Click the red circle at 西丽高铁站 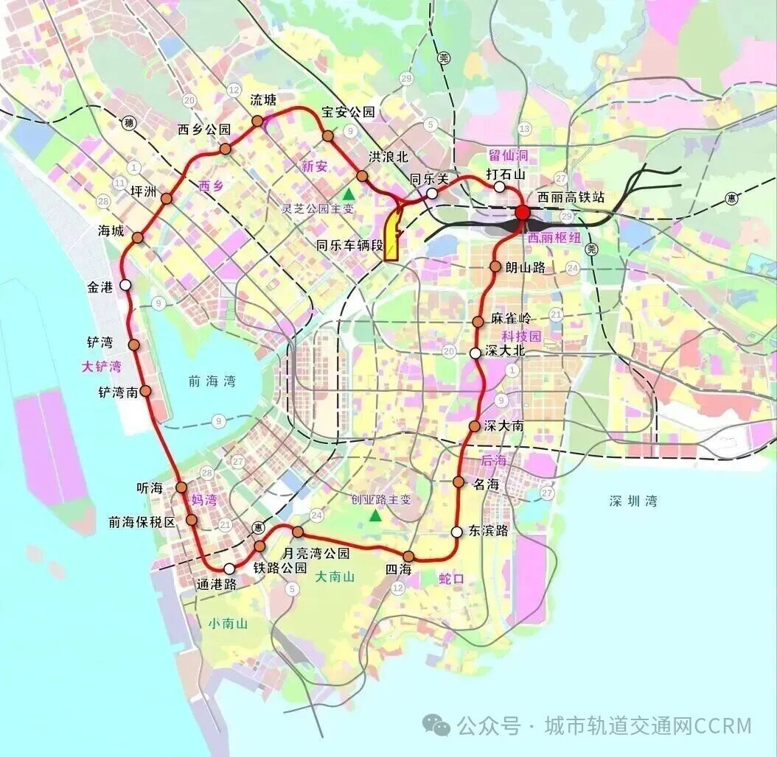(523, 213)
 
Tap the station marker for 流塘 (257, 121)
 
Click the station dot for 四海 (408, 556)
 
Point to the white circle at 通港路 (229, 568)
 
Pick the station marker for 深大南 (475, 426)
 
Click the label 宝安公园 (348, 113)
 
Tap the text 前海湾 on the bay (211, 381)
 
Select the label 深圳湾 (633, 501)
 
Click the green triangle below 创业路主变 (375, 516)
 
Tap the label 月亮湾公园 (317, 552)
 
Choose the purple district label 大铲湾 (101, 366)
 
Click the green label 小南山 (228, 624)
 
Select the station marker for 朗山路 (496, 267)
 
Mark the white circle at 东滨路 (457, 532)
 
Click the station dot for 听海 (181, 487)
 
